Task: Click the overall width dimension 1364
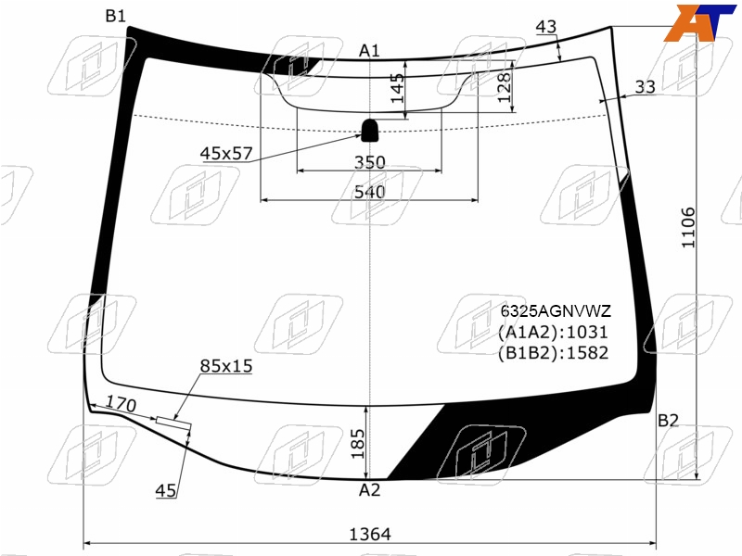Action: click(370, 535)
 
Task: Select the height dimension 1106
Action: click(688, 227)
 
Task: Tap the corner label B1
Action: click(115, 16)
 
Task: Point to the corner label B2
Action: click(668, 420)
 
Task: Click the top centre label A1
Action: click(369, 50)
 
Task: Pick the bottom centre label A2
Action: click(369, 490)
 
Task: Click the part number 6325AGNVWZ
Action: click(556, 311)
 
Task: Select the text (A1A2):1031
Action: click(553, 332)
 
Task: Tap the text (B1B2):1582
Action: click(553, 353)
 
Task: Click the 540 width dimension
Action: click(370, 192)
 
